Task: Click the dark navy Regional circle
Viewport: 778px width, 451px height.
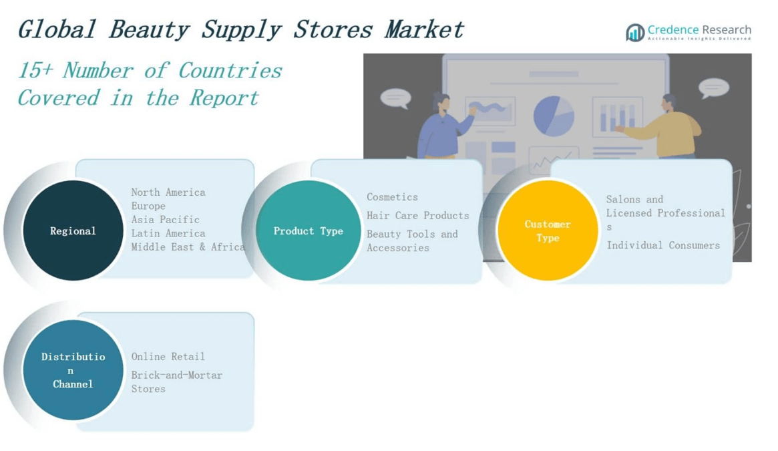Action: pos(73,231)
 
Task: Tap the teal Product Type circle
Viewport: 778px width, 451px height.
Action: pos(308,231)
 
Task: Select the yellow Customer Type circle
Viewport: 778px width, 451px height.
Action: pos(548,231)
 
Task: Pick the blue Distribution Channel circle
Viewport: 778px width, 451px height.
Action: pos(73,370)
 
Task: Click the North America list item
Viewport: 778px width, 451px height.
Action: pos(168,192)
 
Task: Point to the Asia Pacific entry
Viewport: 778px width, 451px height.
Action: pos(165,220)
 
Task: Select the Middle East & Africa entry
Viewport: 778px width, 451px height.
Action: pos(188,247)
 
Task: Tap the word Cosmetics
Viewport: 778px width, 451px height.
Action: pos(392,197)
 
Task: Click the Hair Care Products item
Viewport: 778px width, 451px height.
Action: pos(418,216)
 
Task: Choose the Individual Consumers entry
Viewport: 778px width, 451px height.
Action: pos(663,245)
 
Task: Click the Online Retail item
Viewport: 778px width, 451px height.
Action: pos(168,357)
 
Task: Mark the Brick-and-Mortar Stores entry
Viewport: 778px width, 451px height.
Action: pos(177,382)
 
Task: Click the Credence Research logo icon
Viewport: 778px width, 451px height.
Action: pos(635,33)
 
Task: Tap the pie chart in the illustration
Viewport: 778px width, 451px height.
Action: pos(554,116)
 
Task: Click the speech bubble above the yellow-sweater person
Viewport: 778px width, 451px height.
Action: pos(713,88)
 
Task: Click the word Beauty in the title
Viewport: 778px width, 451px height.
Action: pos(149,30)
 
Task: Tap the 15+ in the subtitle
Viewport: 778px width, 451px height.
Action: pos(35,71)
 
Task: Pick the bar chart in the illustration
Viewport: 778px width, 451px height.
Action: pos(617,117)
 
